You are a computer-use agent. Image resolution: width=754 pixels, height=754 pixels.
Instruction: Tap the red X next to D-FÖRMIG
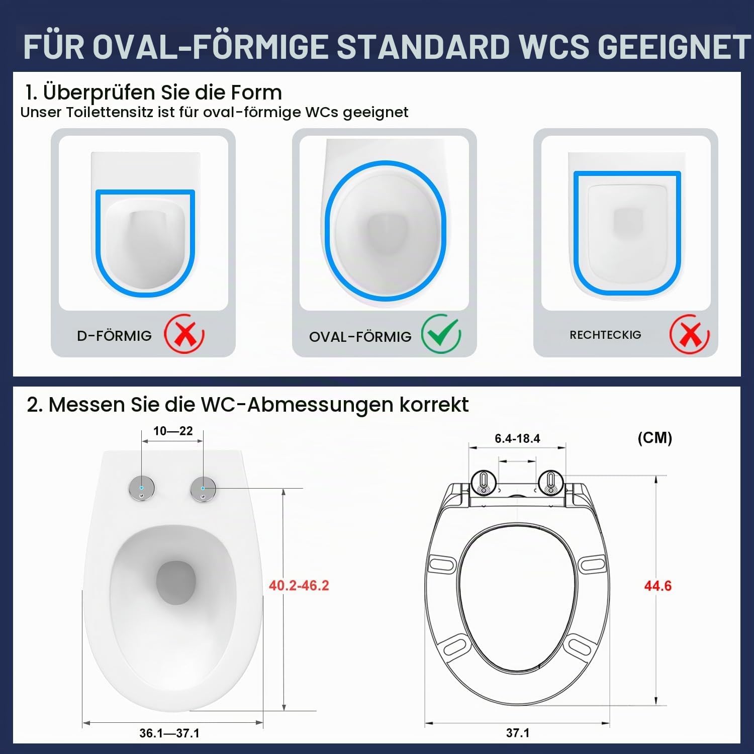[x=184, y=333]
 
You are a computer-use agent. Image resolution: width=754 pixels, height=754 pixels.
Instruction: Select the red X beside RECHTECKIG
[x=689, y=334]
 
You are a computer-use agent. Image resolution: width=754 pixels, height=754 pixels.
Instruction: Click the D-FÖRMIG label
[x=114, y=335]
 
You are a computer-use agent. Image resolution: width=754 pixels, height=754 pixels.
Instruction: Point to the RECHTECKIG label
[x=605, y=335]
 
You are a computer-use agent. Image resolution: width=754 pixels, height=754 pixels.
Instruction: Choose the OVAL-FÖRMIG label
[x=360, y=336]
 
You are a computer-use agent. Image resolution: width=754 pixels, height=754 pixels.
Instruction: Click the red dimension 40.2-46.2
[x=299, y=585]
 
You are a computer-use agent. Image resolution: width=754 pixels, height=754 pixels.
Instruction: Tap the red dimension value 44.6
[x=657, y=586]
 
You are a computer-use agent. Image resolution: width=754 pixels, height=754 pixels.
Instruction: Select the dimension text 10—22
[x=173, y=431]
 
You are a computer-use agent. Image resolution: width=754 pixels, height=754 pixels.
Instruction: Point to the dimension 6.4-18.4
[x=517, y=438]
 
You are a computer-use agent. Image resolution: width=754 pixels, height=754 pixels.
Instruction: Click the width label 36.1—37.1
[x=169, y=733]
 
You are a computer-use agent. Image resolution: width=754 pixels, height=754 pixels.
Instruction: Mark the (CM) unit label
[x=654, y=438]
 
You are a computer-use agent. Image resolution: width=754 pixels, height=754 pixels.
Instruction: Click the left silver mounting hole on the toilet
[x=142, y=488]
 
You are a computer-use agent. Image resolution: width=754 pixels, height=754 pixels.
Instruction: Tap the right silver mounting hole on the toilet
[x=203, y=488]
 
